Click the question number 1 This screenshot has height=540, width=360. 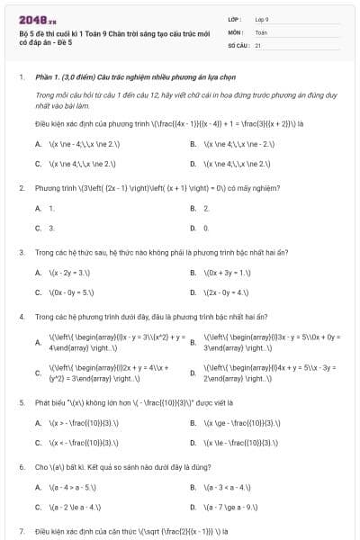click(x=20, y=78)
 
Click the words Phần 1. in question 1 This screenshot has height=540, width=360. click(x=49, y=78)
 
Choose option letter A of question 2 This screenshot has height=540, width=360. click(x=38, y=208)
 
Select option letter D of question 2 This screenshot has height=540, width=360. click(x=193, y=228)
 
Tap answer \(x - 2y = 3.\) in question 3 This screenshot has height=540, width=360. click(x=69, y=272)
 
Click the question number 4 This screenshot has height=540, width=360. click(x=20, y=316)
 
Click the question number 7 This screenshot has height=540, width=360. click(x=20, y=531)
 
